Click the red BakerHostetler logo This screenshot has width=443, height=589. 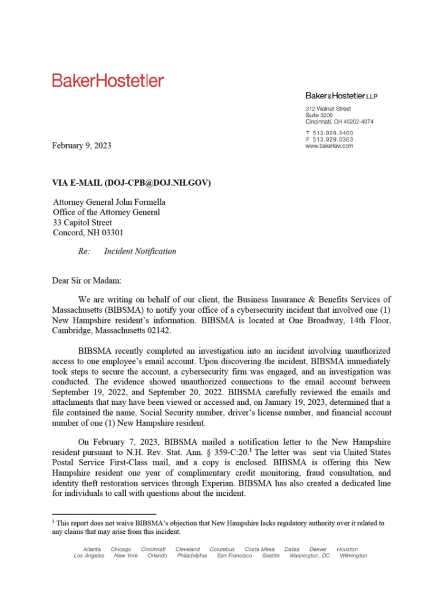pos(108,80)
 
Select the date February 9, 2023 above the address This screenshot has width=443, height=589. pos(82,146)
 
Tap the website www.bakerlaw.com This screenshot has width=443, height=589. pos(329,146)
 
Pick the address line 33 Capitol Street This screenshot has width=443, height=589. pos(82,223)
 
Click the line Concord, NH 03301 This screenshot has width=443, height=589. pos(87,233)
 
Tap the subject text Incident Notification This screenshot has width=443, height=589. pos(140,251)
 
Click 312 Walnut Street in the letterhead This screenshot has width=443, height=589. pos(328,109)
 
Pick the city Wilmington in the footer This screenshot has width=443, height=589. pos(353,556)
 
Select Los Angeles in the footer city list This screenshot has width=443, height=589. pos(89,556)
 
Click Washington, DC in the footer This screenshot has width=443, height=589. pos(310,556)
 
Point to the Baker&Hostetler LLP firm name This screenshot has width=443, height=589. pos(341,95)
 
